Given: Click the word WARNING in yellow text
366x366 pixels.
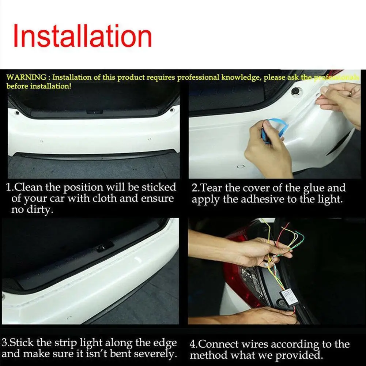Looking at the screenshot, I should pyautogui.click(x=26, y=78).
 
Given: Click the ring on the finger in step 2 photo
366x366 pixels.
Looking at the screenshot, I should pyautogui.click(x=350, y=94).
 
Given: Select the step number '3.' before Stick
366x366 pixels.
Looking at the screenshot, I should pyautogui.click(x=6, y=343).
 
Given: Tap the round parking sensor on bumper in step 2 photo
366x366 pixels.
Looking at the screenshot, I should pyautogui.click(x=241, y=168).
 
